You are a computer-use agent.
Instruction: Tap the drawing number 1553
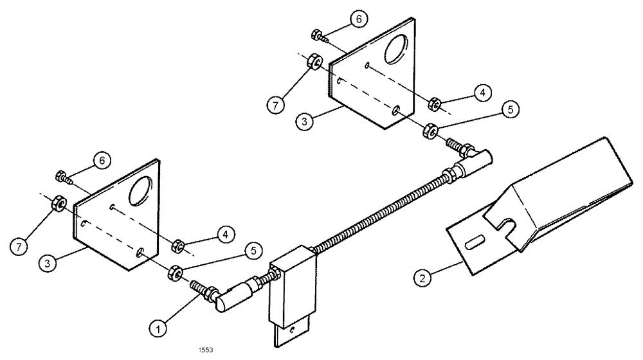205,351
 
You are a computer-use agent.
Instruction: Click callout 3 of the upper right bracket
307,120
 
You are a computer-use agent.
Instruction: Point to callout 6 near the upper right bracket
359,19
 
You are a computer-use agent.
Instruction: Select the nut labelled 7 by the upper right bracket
314,63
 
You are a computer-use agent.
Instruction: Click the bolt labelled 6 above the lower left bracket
62,175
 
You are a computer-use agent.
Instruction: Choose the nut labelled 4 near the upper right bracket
434,103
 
